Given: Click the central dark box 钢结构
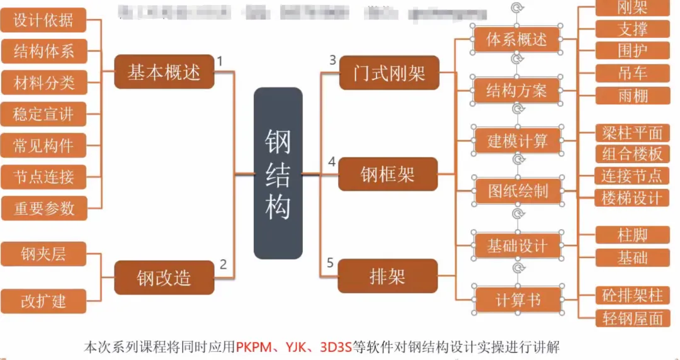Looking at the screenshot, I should tap(278, 173).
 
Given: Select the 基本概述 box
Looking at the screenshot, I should tap(164, 72).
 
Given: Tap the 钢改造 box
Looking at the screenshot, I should tap(164, 277).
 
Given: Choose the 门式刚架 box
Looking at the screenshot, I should tap(388, 72).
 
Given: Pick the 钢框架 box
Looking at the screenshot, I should tap(388, 174).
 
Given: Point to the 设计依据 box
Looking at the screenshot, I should tap(43, 20).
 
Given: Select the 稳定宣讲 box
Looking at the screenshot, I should tap(43, 114).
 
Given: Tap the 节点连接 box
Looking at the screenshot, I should tap(43, 177).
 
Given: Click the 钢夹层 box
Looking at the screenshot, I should tap(43, 254).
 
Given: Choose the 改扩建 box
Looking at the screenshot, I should tap(43, 300).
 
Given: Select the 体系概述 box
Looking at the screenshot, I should tap(517, 39).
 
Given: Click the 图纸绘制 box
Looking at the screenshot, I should tap(518, 191).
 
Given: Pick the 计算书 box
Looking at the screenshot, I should tap(518, 300).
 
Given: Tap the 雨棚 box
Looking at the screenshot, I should tap(633, 95).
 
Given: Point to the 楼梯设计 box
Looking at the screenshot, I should tap(632, 198).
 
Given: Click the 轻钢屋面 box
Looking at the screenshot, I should tap(632, 318).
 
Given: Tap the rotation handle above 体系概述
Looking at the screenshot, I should tap(518, 8).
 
